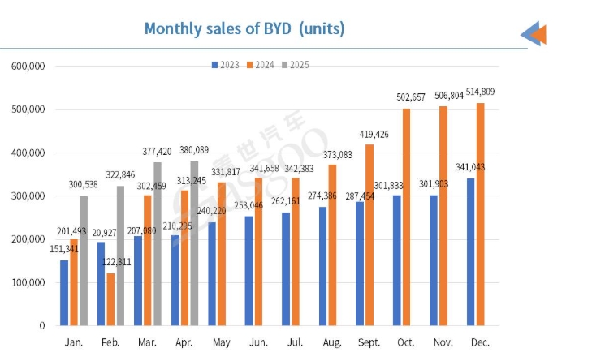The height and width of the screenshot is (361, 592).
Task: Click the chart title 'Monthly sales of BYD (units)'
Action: coord(244,28)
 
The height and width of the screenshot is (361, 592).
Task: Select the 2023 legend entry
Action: coord(227,64)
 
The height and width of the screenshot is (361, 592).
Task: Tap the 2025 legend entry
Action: coord(296,64)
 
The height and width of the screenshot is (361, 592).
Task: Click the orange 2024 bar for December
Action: coord(481,214)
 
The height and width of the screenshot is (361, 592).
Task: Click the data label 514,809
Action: coord(479,92)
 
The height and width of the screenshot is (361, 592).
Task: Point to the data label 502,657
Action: coord(403,97)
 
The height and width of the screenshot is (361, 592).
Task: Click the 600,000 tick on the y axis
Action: coord(28,66)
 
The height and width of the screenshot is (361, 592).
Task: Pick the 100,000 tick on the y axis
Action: coord(28,282)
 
